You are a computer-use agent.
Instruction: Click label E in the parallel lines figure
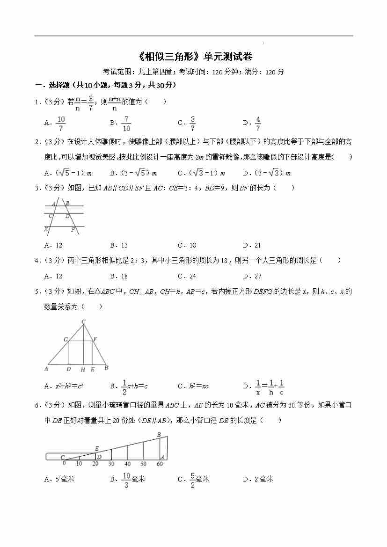(x=46, y=229)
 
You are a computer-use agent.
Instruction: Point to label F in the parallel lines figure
(x=73, y=230)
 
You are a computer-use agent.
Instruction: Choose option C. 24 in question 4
(x=187, y=276)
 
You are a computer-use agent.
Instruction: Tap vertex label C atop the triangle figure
(x=83, y=321)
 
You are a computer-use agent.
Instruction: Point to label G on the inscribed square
(x=66, y=339)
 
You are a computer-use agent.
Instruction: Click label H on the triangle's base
(x=83, y=370)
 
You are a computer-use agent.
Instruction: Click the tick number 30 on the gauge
(x=111, y=464)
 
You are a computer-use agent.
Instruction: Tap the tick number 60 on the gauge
(x=160, y=464)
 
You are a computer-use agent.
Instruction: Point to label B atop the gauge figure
(x=159, y=435)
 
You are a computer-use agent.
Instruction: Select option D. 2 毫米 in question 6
(x=258, y=479)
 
